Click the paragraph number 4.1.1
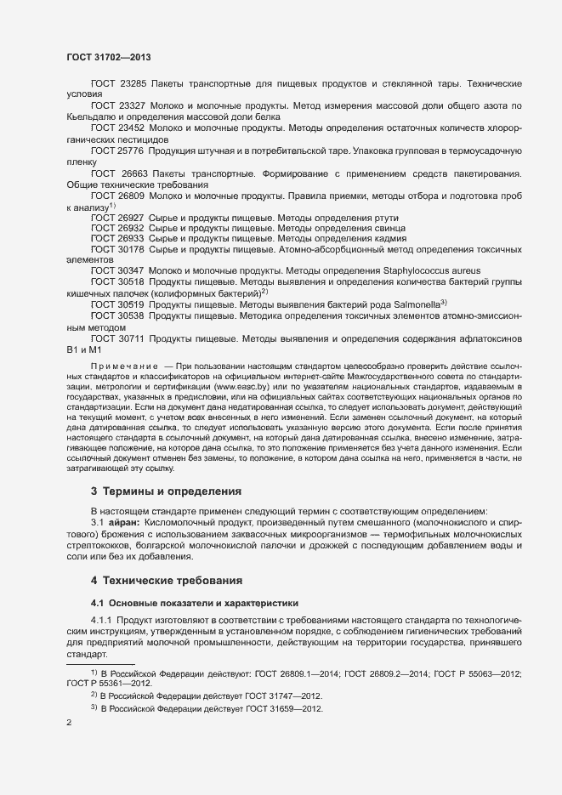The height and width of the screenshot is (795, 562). (x=102, y=622)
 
